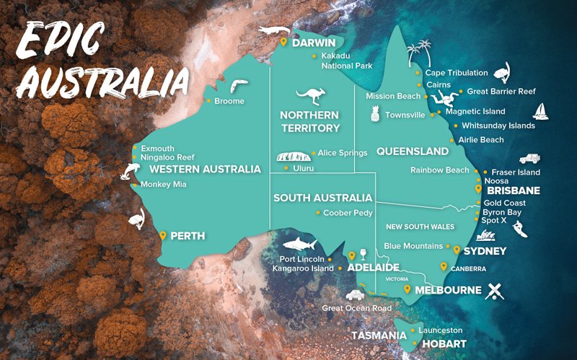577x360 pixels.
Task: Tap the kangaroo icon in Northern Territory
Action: (310, 96)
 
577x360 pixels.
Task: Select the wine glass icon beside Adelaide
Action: (362, 254)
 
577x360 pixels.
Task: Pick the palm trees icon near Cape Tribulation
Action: (418, 53)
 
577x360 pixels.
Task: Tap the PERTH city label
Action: (188, 236)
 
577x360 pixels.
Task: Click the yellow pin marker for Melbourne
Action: (408, 289)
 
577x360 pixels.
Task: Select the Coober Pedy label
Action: (348, 213)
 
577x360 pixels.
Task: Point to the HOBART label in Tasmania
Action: (444, 344)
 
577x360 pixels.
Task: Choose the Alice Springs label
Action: (343, 153)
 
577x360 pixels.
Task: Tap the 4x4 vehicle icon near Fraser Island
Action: (529, 158)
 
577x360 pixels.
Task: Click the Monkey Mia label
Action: (164, 185)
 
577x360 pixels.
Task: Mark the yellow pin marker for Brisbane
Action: (477, 188)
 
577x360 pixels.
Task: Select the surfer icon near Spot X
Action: (519, 229)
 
